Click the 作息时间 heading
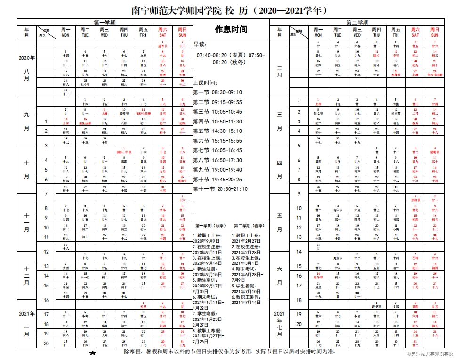(231, 30)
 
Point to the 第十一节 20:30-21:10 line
(220, 189)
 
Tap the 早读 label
(200, 44)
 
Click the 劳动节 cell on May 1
(415, 198)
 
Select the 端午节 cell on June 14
(318, 276)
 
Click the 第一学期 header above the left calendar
(105, 22)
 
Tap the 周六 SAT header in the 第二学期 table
(415, 32)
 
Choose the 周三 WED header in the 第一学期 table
(105, 32)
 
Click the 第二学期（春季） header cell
(250, 225)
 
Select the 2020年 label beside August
(27, 58)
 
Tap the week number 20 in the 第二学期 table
(299, 324)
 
